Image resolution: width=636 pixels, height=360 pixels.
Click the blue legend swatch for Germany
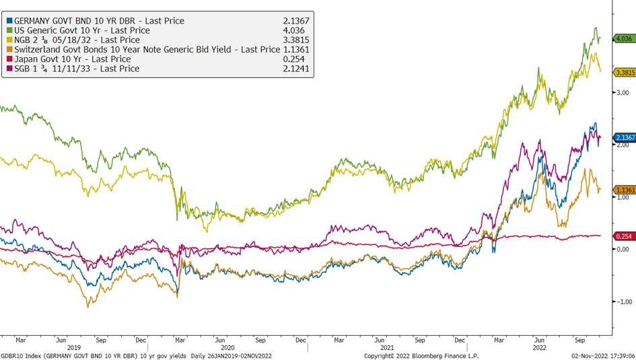(9, 21)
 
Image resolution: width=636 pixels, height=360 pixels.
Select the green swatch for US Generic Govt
(9, 30)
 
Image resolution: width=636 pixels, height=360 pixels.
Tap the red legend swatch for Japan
(9, 59)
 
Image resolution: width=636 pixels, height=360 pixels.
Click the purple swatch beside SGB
(9, 69)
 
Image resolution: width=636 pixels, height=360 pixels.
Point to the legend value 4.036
(293, 30)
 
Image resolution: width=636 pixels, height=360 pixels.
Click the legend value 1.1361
(296, 50)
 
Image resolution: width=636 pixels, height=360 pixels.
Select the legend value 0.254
(293, 59)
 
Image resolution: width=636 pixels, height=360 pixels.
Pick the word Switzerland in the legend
(38, 50)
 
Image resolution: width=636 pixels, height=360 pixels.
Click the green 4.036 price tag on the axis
(624, 38)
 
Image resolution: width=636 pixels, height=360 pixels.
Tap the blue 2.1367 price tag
(625, 137)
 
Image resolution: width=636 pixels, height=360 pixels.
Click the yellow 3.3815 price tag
(625, 73)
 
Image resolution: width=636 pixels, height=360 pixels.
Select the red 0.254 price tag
(624, 236)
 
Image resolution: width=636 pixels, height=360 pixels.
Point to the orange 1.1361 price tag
(625, 190)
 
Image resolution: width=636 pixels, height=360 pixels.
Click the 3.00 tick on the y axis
(623, 93)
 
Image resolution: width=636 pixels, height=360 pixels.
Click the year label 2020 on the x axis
(227, 348)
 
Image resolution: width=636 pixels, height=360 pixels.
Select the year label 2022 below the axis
(540, 348)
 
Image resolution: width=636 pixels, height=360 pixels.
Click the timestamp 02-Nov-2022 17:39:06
(603, 356)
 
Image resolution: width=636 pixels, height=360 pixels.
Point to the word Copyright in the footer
(379, 356)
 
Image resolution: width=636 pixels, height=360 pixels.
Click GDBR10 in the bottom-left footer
(11, 356)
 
